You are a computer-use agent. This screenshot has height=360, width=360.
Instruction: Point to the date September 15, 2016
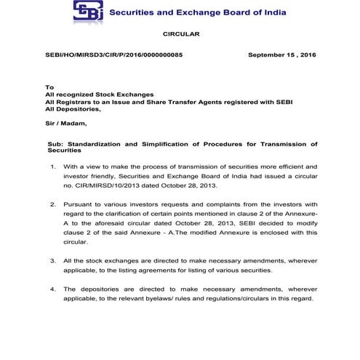pos(281,55)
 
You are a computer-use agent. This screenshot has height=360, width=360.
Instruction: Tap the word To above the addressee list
pos(49,87)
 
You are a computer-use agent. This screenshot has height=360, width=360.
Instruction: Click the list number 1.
pos(52,167)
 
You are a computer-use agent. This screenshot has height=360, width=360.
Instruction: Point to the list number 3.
pos(52,260)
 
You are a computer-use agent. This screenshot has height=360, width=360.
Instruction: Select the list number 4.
pos(52,289)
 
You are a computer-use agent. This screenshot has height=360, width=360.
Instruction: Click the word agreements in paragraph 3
pos(159,270)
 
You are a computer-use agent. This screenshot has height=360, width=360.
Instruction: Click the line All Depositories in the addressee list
pos(73,111)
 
